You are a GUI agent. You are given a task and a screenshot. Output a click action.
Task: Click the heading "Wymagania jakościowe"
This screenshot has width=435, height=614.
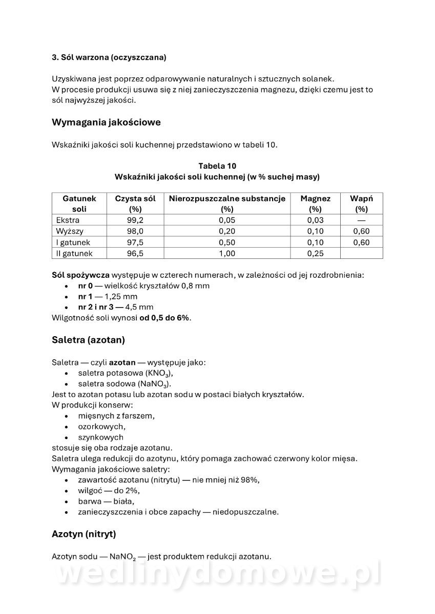pos(106,122)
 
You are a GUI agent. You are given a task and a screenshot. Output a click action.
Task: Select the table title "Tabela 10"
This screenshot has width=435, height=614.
pos(217,166)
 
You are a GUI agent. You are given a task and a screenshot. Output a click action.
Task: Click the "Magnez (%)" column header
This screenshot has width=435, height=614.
pos(315,204)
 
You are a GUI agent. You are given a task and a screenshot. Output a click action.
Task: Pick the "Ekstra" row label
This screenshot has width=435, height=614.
pos(68,220)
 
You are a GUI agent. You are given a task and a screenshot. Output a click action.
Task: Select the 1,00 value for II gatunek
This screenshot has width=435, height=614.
pos(227,253)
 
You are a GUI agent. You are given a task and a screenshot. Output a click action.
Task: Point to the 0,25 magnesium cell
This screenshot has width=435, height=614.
pos(315,253)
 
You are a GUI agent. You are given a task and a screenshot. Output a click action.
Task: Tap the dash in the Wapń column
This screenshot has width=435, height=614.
pos(361,220)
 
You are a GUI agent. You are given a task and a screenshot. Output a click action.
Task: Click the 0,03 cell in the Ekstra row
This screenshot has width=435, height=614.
pos(315,220)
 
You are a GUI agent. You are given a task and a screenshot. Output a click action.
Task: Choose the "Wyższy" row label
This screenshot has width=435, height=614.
pos(69,231)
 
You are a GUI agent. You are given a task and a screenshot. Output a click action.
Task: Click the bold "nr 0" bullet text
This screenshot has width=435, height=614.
pos(85,286)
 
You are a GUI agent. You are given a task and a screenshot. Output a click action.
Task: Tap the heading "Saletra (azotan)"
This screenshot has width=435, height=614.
pos(88,340)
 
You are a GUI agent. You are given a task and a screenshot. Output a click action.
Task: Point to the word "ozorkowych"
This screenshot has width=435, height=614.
pos(101,426)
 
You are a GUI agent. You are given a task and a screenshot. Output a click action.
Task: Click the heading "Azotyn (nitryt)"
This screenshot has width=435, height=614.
pos(84,534)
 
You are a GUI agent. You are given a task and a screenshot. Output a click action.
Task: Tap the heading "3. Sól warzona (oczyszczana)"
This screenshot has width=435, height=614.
pos(109,57)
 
